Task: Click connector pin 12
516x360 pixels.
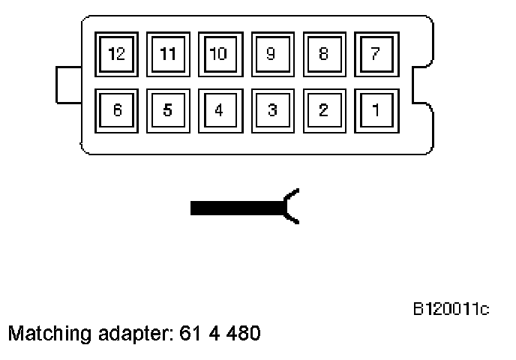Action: point(116,54)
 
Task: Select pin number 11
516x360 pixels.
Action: point(168,54)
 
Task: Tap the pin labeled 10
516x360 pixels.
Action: point(219,54)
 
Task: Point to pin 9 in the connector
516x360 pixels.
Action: point(271,54)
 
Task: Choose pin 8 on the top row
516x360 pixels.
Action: point(323,54)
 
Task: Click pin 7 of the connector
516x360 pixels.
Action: point(375,54)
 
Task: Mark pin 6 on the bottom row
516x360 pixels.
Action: point(116,110)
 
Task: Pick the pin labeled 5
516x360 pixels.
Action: point(168,110)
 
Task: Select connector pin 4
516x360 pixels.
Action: point(219,110)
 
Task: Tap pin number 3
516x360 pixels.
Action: point(271,110)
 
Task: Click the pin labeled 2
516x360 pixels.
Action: point(323,110)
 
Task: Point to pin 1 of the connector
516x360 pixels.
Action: point(375,110)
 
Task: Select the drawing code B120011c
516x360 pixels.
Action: point(451,308)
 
